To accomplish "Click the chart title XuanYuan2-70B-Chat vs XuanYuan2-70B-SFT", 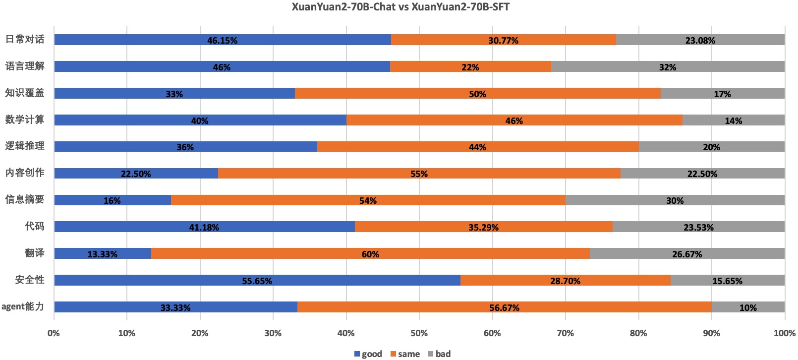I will [x=400, y=7].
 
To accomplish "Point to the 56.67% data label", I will [x=504, y=307].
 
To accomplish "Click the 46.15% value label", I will [x=222, y=40].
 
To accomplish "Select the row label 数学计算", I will [x=25, y=120].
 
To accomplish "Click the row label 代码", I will [x=35, y=226].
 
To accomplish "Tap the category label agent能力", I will [x=23, y=306].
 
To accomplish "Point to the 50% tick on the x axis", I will [x=419, y=333].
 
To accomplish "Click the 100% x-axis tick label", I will [x=784, y=333].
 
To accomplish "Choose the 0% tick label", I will [x=54, y=333].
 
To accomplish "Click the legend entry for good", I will [x=368, y=354].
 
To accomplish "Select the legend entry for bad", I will [x=439, y=354].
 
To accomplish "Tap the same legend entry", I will [x=405, y=354].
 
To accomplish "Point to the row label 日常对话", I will [x=25, y=39].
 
